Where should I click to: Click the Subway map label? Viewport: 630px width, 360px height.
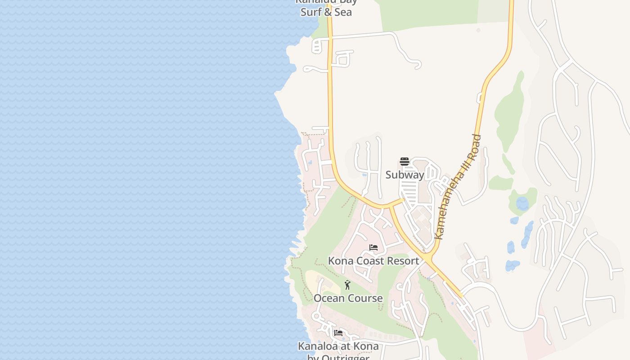pyautogui.click(x=405, y=175)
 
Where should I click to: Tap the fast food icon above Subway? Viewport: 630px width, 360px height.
pyautogui.click(x=405, y=162)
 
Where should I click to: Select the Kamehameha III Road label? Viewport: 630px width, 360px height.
pyautogui.click(x=458, y=187)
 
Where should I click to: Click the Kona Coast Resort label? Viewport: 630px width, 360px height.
pyautogui.click(x=373, y=261)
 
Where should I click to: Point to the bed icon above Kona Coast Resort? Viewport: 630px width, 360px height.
pyautogui.click(x=373, y=247)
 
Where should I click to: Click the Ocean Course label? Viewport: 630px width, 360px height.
pyautogui.click(x=348, y=298)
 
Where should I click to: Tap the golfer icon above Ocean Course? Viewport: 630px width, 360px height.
pyautogui.click(x=347, y=285)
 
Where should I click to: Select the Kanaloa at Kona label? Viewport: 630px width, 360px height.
pyautogui.click(x=338, y=346)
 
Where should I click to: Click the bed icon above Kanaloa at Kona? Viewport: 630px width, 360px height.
pyautogui.click(x=338, y=333)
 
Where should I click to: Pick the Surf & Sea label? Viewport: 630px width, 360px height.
pyautogui.click(x=326, y=12)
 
